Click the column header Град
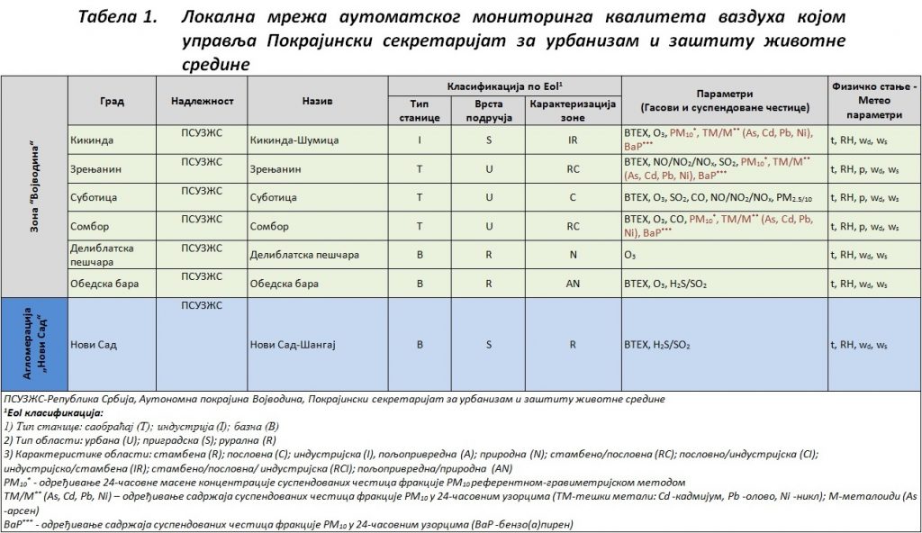[112, 101]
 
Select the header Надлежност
[202, 101]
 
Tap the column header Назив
[318, 101]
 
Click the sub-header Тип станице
[420, 111]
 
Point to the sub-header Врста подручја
[488, 111]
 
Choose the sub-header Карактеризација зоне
[573, 111]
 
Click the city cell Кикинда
[90, 140]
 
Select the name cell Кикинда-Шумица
[289, 140]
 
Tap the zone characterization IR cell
[573, 140]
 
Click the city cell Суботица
[93, 197]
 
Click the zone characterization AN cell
[573, 284]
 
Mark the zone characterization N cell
[573, 255]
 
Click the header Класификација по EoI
[504, 86]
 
